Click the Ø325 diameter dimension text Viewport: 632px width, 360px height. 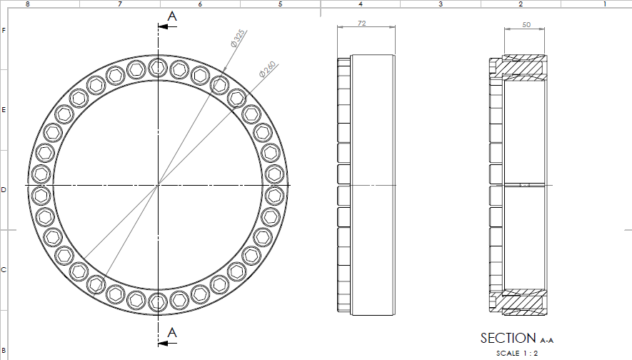click(x=238, y=39)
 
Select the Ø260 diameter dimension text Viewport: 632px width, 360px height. click(x=267, y=69)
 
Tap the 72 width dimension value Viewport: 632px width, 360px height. click(x=361, y=24)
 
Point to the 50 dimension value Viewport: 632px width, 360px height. click(x=526, y=24)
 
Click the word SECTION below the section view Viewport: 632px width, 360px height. click(x=508, y=339)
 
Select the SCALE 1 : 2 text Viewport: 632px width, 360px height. click(x=518, y=353)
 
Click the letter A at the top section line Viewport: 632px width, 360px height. click(x=171, y=16)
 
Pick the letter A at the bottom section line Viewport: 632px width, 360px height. click(x=171, y=332)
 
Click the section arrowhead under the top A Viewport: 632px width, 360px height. click(x=164, y=27)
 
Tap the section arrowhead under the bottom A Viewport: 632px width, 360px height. click(x=164, y=344)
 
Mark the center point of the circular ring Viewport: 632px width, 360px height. click(x=157, y=185)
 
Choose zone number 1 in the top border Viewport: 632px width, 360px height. click(x=604, y=4)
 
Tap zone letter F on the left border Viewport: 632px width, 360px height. click(x=4, y=30)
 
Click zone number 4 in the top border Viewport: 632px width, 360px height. click(x=360, y=4)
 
